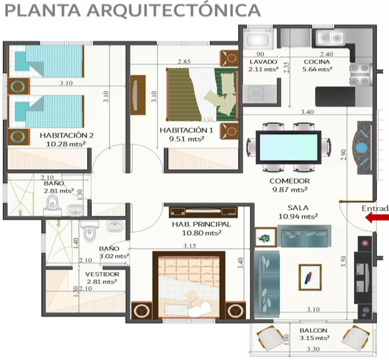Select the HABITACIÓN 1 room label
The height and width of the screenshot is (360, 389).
[187, 131]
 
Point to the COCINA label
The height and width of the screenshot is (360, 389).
[316, 61]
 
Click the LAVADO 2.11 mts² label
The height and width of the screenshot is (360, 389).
[263, 66]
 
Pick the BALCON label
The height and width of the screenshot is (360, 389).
[313, 331]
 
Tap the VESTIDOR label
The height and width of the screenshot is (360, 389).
[102, 274]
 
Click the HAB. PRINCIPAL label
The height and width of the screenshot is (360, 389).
[202, 225]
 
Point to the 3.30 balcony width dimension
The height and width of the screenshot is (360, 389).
[313, 349]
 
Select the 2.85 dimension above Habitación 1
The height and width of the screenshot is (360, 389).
[184, 61]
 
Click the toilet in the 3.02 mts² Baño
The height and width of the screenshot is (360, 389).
[90, 231]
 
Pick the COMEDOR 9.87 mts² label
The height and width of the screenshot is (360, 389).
[290, 185]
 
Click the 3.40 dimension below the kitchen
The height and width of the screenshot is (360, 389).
[307, 112]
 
